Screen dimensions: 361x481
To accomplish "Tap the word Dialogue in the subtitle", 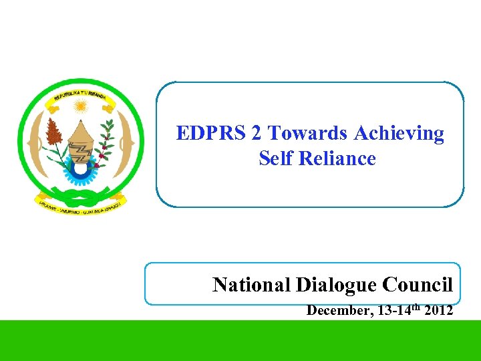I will [337, 285].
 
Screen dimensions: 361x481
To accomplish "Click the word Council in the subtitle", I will [418, 285].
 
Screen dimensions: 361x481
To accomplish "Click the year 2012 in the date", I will [438, 310].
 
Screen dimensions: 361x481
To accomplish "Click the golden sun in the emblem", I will [81, 105].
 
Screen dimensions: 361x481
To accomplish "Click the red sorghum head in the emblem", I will [54, 134].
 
